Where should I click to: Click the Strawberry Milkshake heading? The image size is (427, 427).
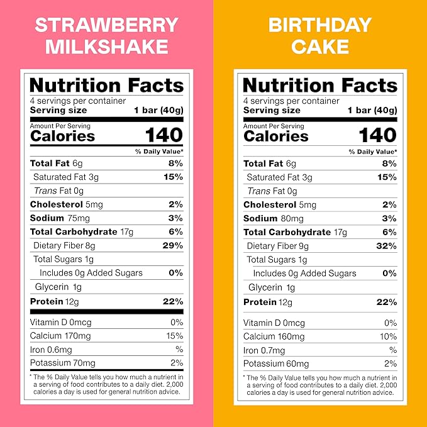[x=106, y=35]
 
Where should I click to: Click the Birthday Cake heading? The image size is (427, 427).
[x=320, y=35]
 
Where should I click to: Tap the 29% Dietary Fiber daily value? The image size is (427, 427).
[x=171, y=245]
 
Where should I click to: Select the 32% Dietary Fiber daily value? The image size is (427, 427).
[x=385, y=246]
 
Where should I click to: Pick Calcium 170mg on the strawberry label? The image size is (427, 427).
[x=60, y=336]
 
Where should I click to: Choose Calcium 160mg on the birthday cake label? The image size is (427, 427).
[x=274, y=336]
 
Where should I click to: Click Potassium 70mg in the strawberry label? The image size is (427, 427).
[x=63, y=363]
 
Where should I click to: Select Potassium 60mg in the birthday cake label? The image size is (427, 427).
[x=276, y=363]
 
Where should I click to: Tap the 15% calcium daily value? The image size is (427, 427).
[x=175, y=336]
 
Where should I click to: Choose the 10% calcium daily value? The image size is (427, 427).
[x=389, y=336]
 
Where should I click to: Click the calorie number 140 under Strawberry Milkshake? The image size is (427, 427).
[x=164, y=135]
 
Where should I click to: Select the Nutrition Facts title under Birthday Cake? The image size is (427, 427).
[x=320, y=85]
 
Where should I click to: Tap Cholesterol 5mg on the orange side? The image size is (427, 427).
[x=280, y=204]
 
